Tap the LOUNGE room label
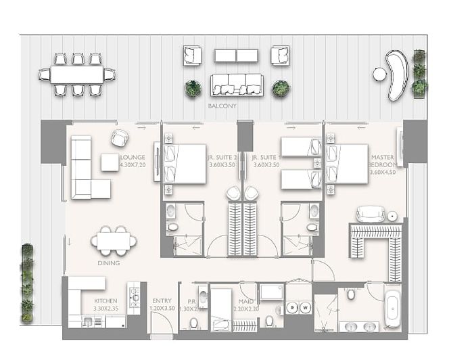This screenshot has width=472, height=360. [x=133, y=157]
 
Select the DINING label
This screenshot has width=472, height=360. [x=108, y=263]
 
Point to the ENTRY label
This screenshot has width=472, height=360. [x=162, y=300]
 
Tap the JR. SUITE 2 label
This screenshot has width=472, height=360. [x=221, y=157]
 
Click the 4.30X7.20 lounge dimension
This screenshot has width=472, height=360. [x=133, y=164]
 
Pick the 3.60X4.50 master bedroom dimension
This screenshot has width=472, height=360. [x=383, y=172]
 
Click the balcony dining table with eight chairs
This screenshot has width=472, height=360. [x=77, y=74]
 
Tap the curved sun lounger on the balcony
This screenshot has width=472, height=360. [x=392, y=73]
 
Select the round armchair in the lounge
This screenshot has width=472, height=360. [x=120, y=138]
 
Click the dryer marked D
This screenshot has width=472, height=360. [x=292, y=308]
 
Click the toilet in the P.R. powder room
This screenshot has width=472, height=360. [x=194, y=321]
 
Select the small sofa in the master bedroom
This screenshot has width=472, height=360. [x=370, y=214]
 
